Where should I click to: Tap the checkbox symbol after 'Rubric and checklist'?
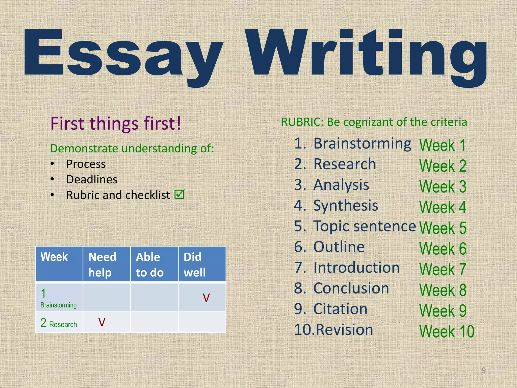[x=179, y=194]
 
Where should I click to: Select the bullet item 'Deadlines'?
[x=92, y=180]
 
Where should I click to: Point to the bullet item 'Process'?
[x=86, y=164]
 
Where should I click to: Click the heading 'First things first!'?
[x=116, y=124]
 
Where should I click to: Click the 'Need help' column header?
[x=102, y=264]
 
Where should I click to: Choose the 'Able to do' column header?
[x=150, y=264]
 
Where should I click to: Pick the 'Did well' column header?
[x=195, y=264]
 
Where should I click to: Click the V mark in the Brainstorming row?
[x=206, y=298]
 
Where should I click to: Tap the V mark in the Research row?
[x=102, y=322]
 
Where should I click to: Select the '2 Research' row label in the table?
[x=59, y=323]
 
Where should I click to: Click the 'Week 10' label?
[x=447, y=331]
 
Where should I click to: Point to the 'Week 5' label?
[x=443, y=228]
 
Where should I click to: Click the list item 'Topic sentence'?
[x=365, y=226]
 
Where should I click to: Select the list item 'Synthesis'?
[x=346, y=206]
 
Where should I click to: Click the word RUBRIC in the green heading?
[x=302, y=122]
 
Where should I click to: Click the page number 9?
[x=483, y=370]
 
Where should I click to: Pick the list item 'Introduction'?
[x=356, y=268]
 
